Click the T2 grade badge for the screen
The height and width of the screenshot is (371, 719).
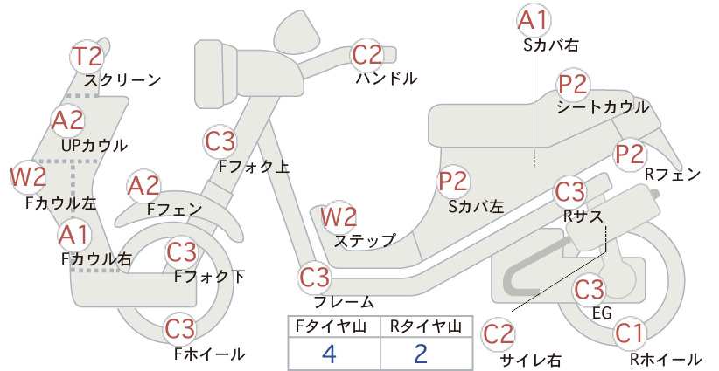[x=87, y=56]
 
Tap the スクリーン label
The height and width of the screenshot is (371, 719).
[x=122, y=80]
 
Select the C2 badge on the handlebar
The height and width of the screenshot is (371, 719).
[x=366, y=54]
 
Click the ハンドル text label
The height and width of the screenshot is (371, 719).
[x=387, y=79]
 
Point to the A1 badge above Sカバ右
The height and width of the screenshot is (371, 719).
[x=534, y=21]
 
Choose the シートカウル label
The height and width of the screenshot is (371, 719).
[x=603, y=107]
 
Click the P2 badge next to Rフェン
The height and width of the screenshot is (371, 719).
[x=630, y=155]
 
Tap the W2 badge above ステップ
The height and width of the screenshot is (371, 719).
[x=339, y=216]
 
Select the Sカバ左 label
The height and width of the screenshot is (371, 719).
[x=476, y=207]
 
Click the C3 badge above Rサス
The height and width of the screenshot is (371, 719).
[x=569, y=192]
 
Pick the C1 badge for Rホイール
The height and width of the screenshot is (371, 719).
[x=629, y=333]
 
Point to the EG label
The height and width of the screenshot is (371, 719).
[x=602, y=313]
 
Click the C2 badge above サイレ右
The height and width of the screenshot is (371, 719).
[x=499, y=334]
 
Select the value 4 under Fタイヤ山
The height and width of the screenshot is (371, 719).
[x=329, y=354]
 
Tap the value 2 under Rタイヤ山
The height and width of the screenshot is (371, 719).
[x=421, y=354]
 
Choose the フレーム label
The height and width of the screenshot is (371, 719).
[x=344, y=302]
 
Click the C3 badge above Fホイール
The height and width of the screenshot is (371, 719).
[x=180, y=329]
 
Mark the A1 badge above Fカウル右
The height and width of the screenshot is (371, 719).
[x=73, y=235]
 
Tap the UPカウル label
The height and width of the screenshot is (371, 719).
[x=94, y=146]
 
